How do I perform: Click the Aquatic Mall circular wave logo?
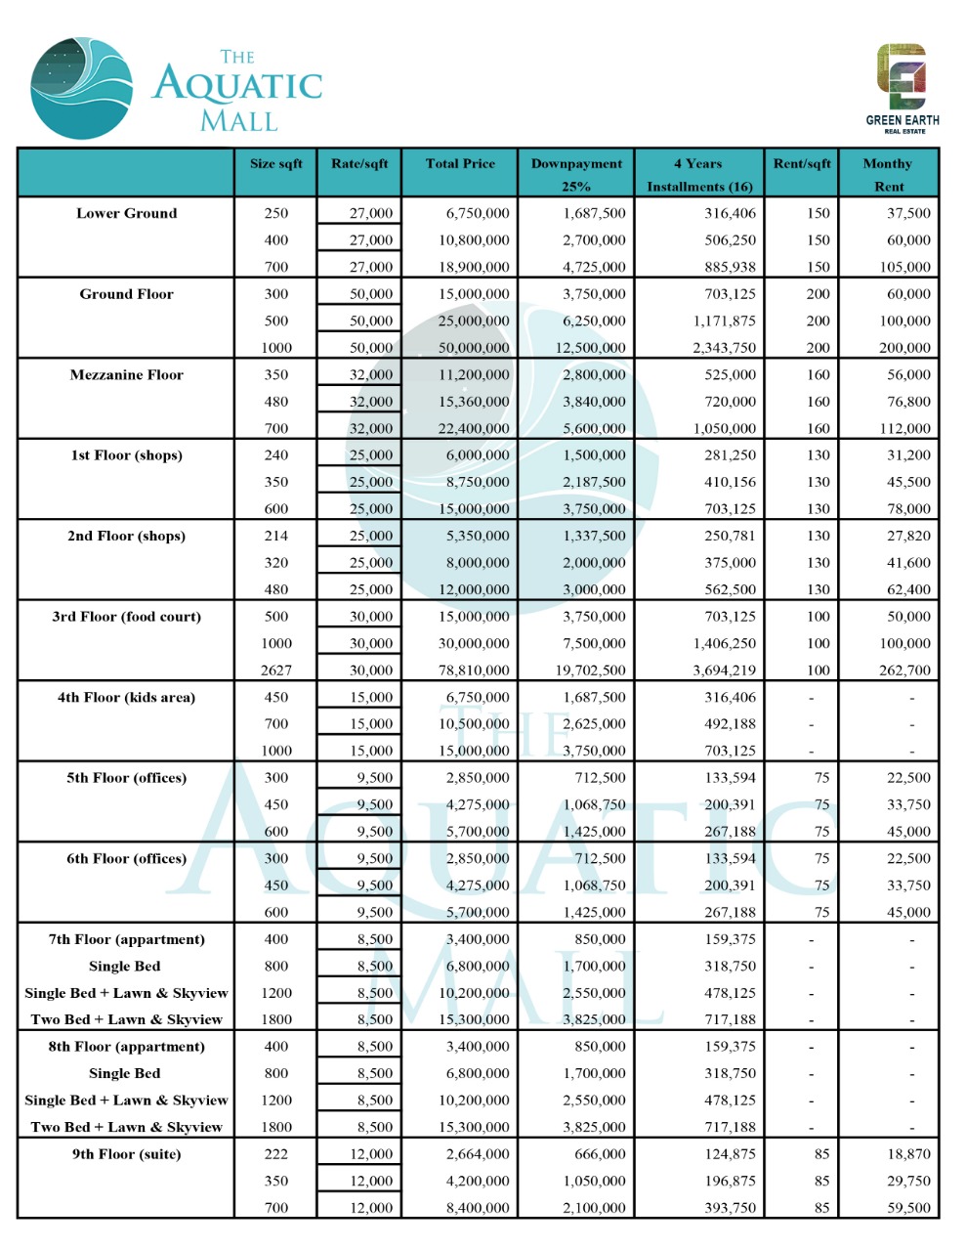coord(82,88)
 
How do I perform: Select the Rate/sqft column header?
coord(359,164)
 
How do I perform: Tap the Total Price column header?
coord(460,164)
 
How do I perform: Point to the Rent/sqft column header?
coord(802,164)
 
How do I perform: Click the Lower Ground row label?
coord(127,213)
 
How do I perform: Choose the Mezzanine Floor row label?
coord(127,375)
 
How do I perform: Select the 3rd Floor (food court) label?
coord(127,617)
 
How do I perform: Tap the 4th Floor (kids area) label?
coord(127,698)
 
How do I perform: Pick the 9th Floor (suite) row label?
coord(127,1154)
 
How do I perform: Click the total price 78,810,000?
coord(474,670)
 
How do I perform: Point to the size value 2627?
coord(276,670)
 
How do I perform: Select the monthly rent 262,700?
coord(904,670)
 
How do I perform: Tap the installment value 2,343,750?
coord(724,348)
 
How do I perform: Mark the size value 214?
coord(276,536)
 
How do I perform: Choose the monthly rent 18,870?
coord(908,1154)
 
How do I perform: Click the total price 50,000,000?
coord(474,348)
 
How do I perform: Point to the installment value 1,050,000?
coord(724,428)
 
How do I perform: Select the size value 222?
coord(276,1154)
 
